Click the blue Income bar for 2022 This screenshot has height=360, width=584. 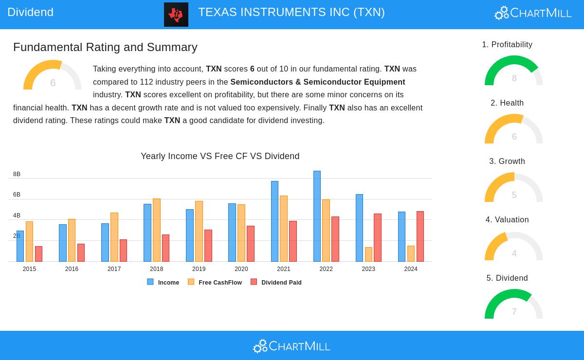click(x=317, y=216)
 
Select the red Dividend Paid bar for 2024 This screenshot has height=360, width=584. click(x=420, y=236)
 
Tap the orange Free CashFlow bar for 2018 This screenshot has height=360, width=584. click(x=156, y=230)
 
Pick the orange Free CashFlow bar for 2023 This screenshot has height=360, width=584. click(x=368, y=254)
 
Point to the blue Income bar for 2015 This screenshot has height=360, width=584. click(x=20, y=246)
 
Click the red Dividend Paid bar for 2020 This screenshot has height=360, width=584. click(x=250, y=244)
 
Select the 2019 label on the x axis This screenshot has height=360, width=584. click(x=199, y=269)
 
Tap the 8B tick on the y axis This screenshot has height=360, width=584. click(x=17, y=174)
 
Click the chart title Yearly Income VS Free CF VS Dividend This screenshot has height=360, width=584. click(x=220, y=156)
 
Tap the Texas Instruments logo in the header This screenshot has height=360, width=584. click(x=176, y=15)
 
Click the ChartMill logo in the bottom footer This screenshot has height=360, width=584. click(x=292, y=346)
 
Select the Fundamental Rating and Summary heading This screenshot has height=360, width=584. click(x=105, y=47)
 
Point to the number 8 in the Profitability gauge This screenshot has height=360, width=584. click(x=514, y=78)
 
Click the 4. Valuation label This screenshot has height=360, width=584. click(x=507, y=220)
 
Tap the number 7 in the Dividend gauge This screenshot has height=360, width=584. click(x=514, y=312)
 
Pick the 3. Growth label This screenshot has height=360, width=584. click(x=507, y=162)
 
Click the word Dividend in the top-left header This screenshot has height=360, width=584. click(x=30, y=12)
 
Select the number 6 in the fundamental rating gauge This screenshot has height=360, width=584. click(x=53, y=83)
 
